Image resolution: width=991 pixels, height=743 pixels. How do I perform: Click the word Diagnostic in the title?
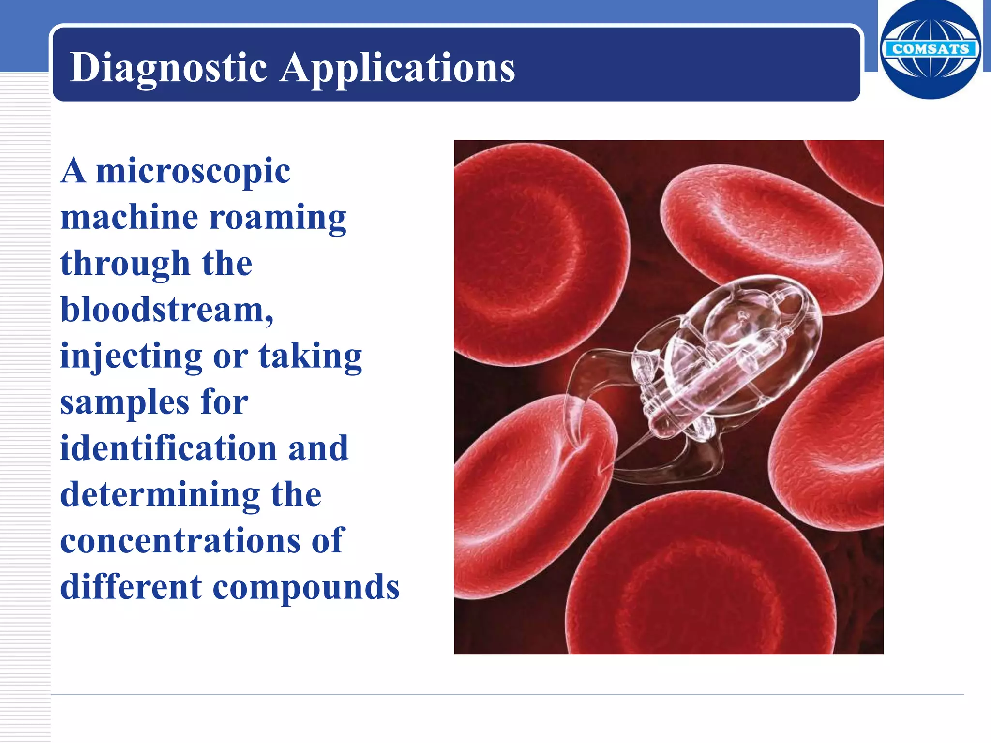[168, 68]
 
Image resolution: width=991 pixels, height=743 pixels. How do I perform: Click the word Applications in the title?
[397, 68]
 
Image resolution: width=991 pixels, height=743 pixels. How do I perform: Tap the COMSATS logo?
[931, 49]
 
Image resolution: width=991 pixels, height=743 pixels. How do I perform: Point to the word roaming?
[278, 217]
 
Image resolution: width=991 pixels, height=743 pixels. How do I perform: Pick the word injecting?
[131, 357]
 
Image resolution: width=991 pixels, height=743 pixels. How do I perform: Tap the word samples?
[124, 402]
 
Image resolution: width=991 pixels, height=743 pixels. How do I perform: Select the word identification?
[168, 448]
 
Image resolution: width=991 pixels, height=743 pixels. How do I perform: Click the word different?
[131, 587]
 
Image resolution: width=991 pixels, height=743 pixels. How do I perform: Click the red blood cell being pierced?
[523, 493]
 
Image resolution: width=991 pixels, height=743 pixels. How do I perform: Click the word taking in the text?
[310, 357]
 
